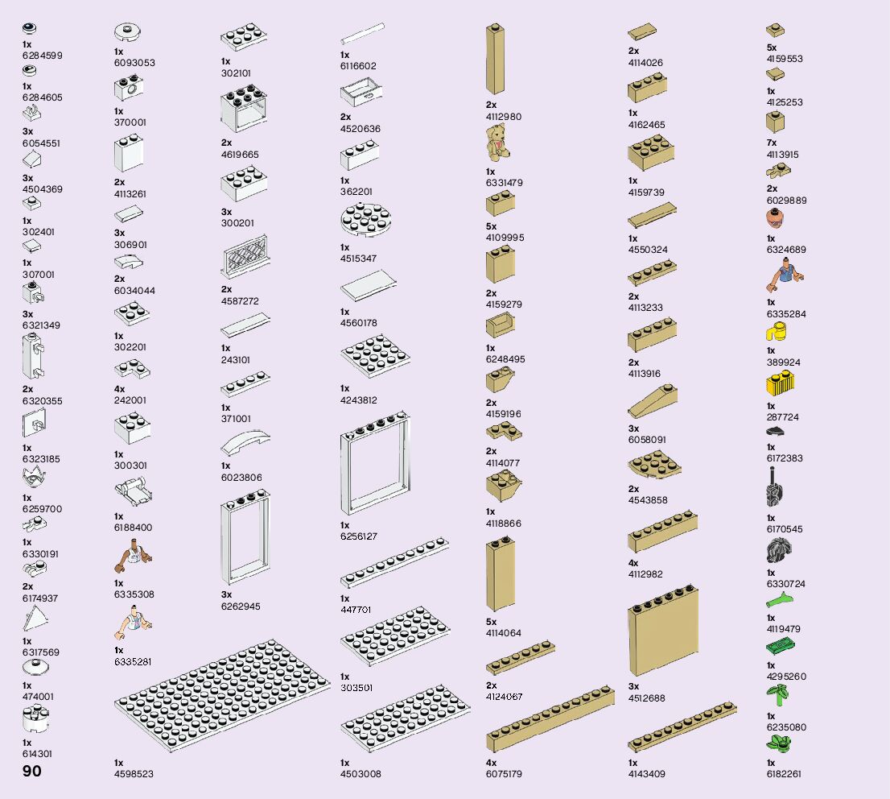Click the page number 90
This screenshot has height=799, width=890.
pos(32,771)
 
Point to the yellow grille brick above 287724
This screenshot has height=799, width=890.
pos(781,384)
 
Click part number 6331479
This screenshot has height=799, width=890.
pos(504,183)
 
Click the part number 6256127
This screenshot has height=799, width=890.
pos(359,536)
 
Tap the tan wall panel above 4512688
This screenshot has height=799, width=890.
pos(663,637)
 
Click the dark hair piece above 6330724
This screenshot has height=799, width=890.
pos(780,551)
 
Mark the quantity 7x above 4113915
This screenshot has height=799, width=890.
pos(772,143)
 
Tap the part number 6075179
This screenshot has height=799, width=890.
pos(504,774)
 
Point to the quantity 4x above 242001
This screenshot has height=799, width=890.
pos(119,389)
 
